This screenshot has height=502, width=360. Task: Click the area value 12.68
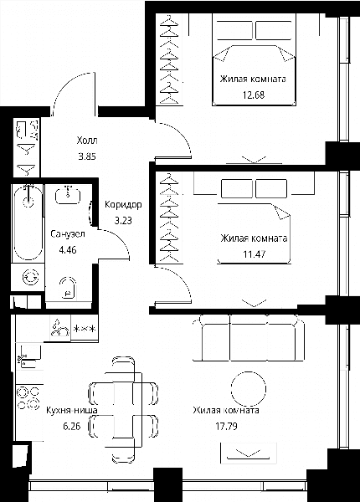(254, 95)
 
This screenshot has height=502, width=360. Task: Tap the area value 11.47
(254, 254)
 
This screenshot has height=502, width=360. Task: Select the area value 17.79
(226, 427)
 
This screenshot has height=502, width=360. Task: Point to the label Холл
(87, 141)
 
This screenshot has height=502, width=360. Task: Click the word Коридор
(123, 205)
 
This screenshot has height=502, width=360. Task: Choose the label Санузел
(68, 234)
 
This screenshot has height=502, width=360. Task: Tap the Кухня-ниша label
(72, 410)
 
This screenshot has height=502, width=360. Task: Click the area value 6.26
(71, 427)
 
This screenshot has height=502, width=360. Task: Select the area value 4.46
(68, 249)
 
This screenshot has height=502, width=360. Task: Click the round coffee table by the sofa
(249, 389)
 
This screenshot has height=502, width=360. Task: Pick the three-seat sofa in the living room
(249, 338)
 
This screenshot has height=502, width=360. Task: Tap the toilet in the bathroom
(68, 287)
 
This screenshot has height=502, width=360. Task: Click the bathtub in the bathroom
(28, 223)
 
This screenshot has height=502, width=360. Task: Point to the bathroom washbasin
(68, 195)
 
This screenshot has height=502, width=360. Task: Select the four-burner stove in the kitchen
(28, 398)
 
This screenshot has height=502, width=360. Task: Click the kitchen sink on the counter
(28, 356)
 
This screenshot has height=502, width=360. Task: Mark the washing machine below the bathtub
(30, 277)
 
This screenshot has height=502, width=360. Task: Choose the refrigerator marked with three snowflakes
(85, 329)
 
